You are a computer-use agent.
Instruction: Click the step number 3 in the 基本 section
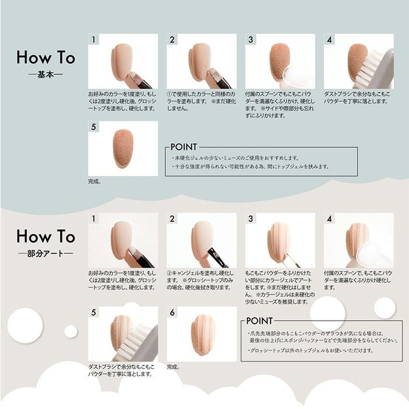pyautogui.click(x=251, y=40)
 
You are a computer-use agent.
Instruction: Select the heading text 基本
pyautogui.click(x=45, y=74)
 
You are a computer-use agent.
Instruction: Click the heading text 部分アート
pyautogui.click(x=45, y=253)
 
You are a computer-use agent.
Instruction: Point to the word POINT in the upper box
pyautogui.click(x=184, y=147)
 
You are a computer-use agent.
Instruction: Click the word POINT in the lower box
pyautogui.click(x=259, y=321)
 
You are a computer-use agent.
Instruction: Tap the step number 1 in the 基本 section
pyautogui.click(x=93, y=40)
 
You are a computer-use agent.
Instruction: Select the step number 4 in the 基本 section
pyautogui.click(x=329, y=40)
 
